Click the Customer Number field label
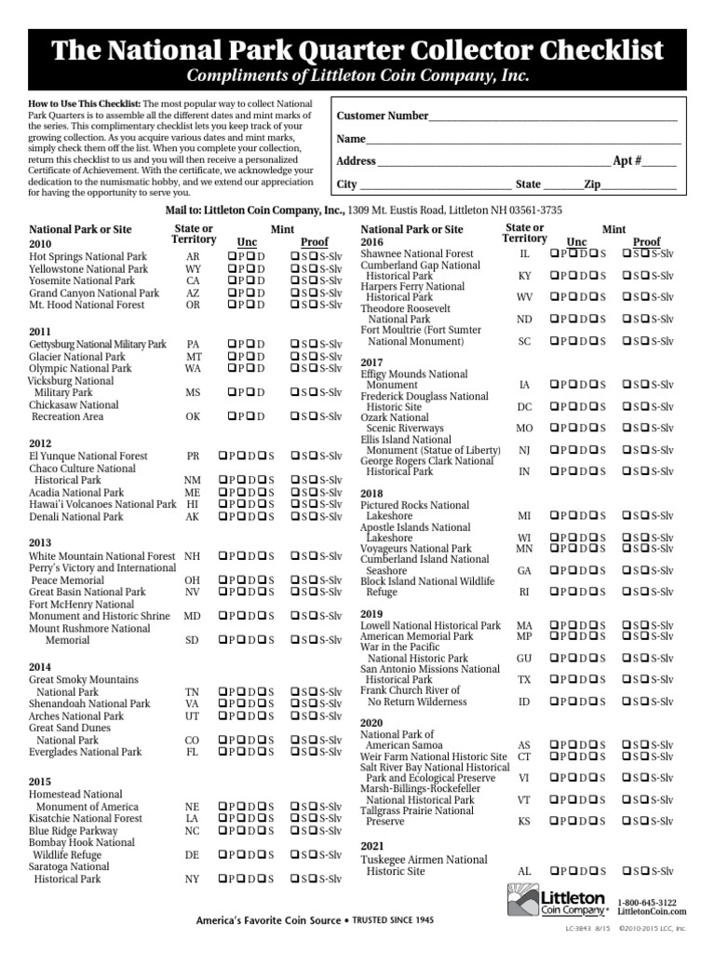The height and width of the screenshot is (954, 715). (382, 116)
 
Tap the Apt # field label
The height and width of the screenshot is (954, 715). (627, 160)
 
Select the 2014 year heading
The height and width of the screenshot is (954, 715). (40, 668)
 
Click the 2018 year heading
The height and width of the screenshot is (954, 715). (371, 493)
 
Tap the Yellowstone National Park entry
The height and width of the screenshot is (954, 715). (88, 268)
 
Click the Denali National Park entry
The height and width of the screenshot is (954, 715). (76, 516)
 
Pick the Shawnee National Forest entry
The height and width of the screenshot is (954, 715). (417, 253)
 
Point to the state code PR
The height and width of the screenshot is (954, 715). (193, 457)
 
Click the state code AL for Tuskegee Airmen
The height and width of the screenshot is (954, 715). (524, 871)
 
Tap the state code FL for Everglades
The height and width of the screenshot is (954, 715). (193, 752)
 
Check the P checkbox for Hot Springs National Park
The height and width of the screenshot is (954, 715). (229, 256)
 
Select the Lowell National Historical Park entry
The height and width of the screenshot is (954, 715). (431, 625)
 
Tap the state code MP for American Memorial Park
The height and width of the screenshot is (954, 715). (524, 636)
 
